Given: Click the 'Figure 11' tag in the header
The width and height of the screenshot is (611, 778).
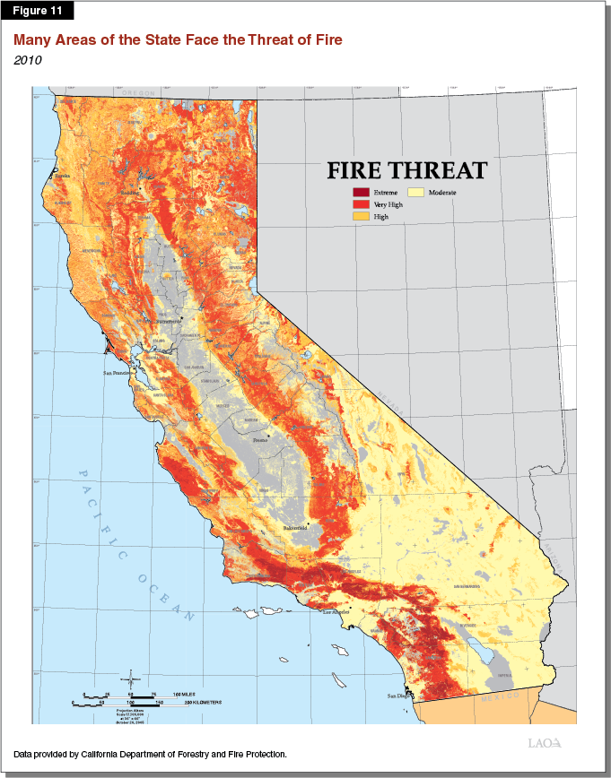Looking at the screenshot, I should click(37, 11).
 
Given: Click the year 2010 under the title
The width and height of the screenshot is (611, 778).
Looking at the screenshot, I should click(27, 60).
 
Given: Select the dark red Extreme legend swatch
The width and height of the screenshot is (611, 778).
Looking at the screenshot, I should click(361, 193).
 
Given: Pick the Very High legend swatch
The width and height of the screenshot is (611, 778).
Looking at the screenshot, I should click(361, 205).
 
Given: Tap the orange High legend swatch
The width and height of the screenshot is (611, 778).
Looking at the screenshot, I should click(361, 218).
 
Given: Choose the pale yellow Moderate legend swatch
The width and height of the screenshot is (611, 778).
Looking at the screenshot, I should click(416, 193).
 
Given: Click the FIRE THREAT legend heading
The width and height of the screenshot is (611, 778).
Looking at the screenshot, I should click(406, 170).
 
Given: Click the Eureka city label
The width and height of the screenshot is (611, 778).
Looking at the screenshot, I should click(62, 177).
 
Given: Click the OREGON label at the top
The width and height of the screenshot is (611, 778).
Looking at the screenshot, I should click(139, 93).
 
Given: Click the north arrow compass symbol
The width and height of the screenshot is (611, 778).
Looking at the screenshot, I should click(131, 678).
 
